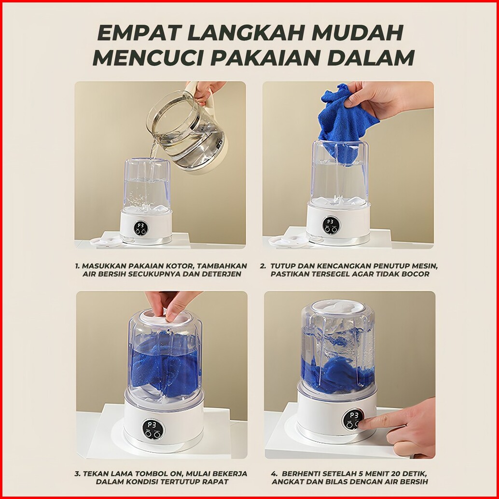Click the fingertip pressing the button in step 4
point(365,423)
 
